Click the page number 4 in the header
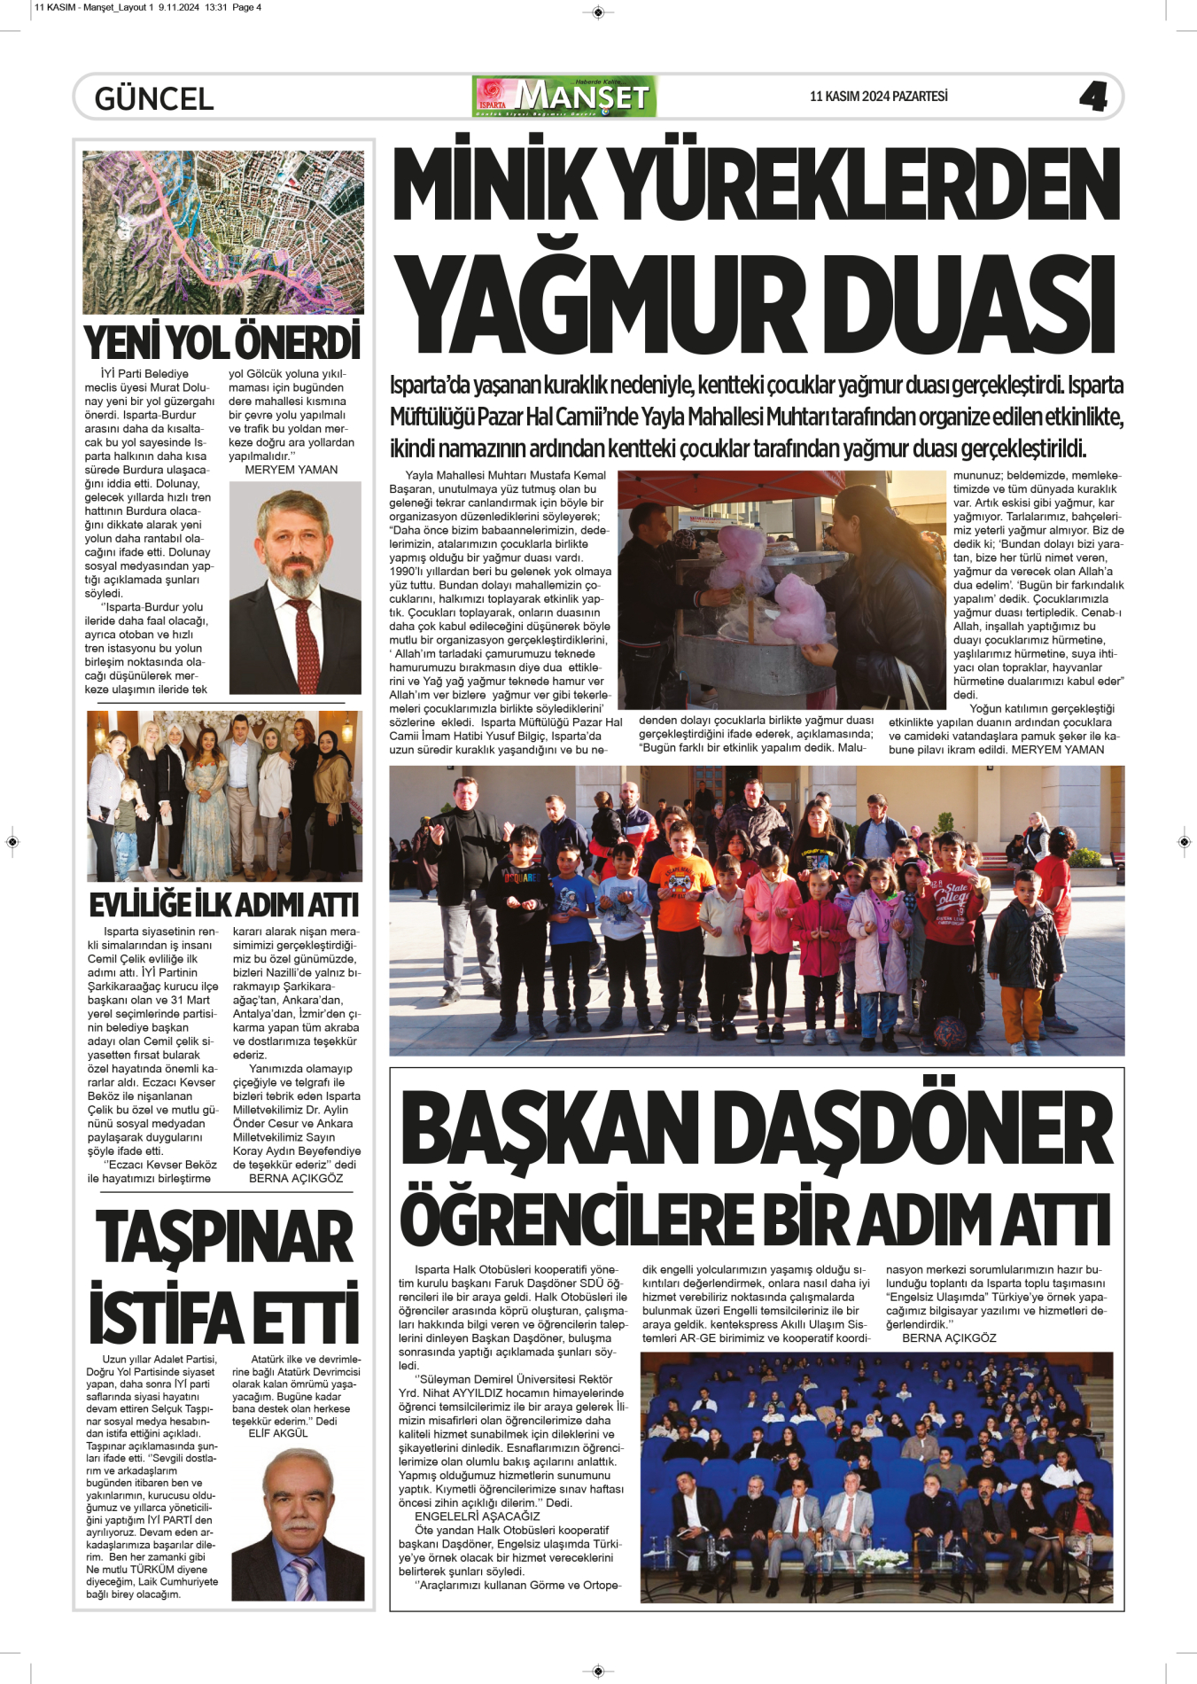click(x=1093, y=97)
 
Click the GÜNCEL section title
click(x=154, y=98)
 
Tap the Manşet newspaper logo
click(x=565, y=97)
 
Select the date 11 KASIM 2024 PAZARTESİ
click(x=878, y=97)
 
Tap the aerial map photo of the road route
click(x=223, y=231)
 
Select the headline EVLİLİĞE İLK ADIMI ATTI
click(x=224, y=905)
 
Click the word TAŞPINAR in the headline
click(x=224, y=1236)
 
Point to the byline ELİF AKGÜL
click(x=278, y=1433)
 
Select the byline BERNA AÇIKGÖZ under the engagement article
click(x=296, y=1178)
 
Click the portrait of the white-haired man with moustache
click(x=299, y=1524)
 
